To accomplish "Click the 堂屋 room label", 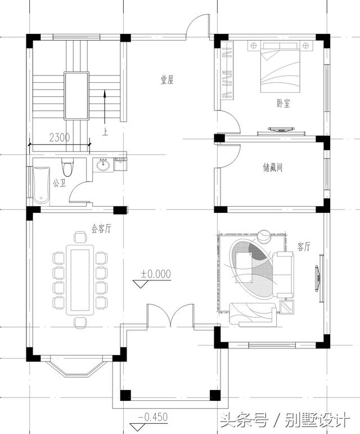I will click(x=167, y=80).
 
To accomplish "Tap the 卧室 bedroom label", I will click(x=283, y=103).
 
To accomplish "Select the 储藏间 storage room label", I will click(x=272, y=168).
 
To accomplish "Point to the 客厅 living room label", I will click(x=304, y=247).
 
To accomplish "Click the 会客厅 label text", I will click(x=101, y=229).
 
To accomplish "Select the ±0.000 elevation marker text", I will click(x=156, y=274).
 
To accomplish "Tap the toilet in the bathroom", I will click(x=68, y=167).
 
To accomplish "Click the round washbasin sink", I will click(x=103, y=165).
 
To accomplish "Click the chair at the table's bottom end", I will click(x=79, y=322).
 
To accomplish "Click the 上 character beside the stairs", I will click(x=105, y=133).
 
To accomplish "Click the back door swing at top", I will click(x=198, y=28).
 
